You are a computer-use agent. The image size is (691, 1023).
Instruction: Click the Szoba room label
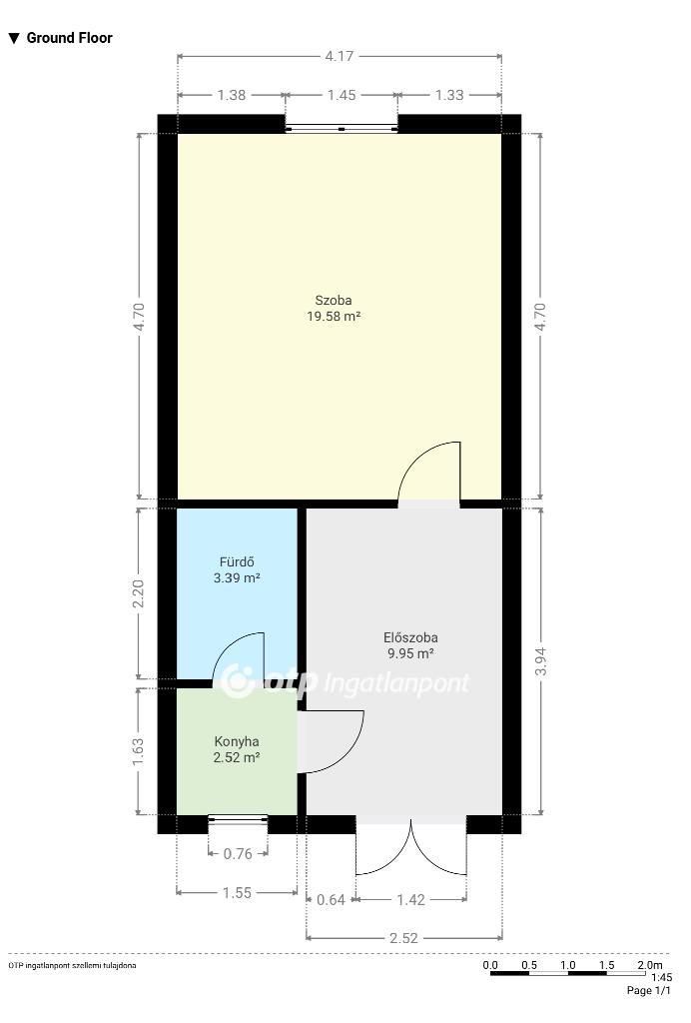(x=334, y=300)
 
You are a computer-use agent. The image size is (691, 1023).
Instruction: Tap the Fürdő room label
(x=237, y=561)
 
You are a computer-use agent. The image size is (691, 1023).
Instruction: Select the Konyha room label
(x=237, y=741)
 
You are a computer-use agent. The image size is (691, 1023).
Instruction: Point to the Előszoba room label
(x=410, y=637)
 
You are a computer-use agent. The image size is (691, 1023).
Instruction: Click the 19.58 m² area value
(x=334, y=317)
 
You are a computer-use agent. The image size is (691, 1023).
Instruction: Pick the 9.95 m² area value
(x=410, y=653)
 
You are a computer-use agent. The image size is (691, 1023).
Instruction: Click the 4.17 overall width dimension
(x=339, y=56)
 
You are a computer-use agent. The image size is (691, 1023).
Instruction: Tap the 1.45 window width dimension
(x=342, y=95)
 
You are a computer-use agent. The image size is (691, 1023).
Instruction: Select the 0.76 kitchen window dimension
(x=238, y=853)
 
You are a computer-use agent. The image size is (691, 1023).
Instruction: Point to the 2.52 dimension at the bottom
(x=403, y=938)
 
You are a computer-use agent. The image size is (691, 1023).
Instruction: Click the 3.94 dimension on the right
(x=540, y=661)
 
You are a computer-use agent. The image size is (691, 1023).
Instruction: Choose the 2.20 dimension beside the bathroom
(x=138, y=593)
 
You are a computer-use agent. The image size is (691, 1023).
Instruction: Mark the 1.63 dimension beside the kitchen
(x=138, y=752)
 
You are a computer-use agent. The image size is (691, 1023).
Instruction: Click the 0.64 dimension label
(x=331, y=900)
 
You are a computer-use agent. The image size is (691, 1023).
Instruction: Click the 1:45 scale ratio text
(x=662, y=977)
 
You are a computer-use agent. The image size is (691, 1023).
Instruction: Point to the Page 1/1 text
(x=648, y=990)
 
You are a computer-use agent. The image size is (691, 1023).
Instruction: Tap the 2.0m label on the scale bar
(x=650, y=965)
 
